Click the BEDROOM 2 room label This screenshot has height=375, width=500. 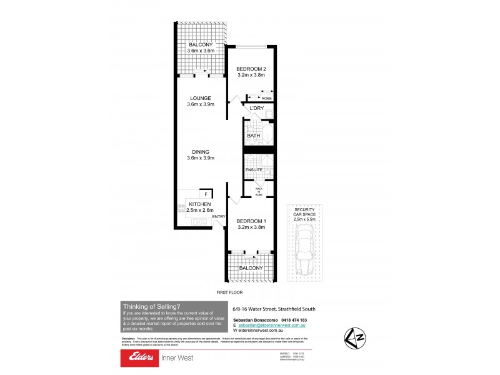pyautogui.click(x=252, y=72)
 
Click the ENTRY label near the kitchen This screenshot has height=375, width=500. pyautogui.click(x=219, y=216)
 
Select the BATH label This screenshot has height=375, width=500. pyautogui.click(x=253, y=136)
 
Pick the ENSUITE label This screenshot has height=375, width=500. pyautogui.click(x=253, y=170)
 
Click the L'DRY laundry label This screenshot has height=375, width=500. pyautogui.click(x=256, y=109)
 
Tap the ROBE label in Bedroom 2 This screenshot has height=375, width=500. pyautogui.click(x=266, y=98)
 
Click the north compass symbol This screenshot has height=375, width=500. pyautogui.click(x=354, y=338)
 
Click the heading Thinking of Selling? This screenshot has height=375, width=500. pyautogui.click(x=151, y=306)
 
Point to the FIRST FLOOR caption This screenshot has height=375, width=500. pyautogui.click(x=228, y=292)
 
